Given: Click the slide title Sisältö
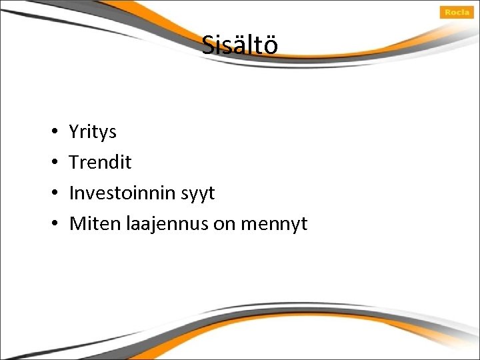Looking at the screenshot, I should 240,45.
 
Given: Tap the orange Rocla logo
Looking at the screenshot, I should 457,12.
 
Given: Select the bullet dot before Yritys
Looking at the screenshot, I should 52,132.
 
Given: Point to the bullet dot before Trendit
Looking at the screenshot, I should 52,163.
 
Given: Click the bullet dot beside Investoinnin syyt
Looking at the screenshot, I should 52,193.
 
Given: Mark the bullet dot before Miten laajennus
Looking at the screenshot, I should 52,224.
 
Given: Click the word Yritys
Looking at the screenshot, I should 93,132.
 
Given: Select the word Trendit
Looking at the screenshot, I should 101,163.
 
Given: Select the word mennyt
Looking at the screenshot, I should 273,225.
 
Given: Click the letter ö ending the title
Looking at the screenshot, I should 271,45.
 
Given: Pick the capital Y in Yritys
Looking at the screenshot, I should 74,132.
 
